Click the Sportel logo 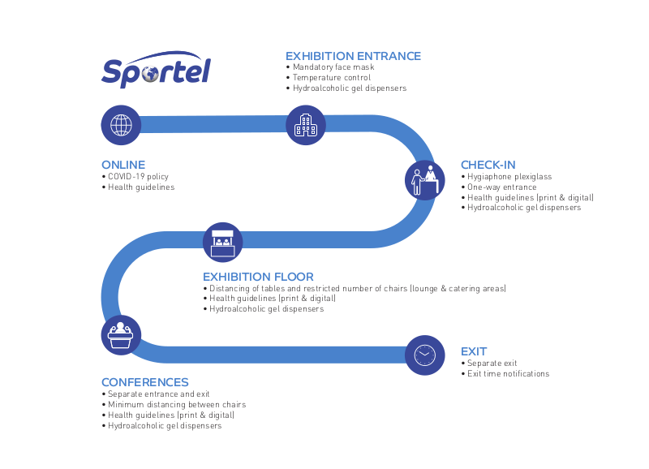pos(156,70)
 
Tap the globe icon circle pos(121,125)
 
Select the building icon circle pos(306,125)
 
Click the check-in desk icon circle pos(424,180)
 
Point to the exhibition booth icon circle pos(222,242)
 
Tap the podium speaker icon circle pos(121,335)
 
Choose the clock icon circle pos(424,355)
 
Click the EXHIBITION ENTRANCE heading pos(353,56)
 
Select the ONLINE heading pos(123,165)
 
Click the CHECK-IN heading pos(488,165)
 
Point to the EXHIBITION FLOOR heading pos(258,277)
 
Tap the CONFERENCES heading pos(145,382)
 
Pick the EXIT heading pos(474,351)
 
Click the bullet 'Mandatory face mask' pos(330,67)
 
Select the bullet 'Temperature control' pos(329,77)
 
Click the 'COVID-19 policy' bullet pos(135,176)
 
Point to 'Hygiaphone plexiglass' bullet pos(506,176)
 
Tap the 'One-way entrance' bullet pos(499,187)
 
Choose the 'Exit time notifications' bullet pos(505,373)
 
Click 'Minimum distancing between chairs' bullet pos(174,404)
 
